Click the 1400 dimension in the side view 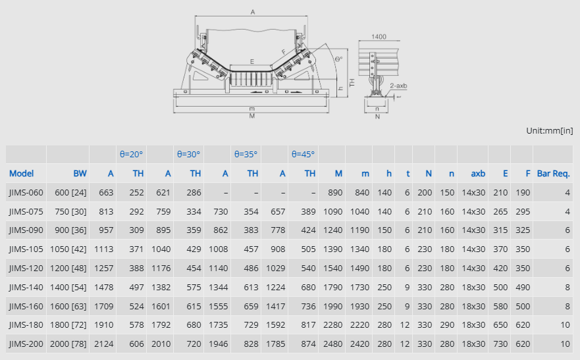[x=379, y=37]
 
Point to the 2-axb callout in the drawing [x=398, y=86]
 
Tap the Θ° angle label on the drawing [x=339, y=59]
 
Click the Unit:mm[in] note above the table [x=549, y=130]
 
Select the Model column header [x=22, y=173]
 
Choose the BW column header [x=80, y=173]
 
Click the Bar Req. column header [x=554, y=173]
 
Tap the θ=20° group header [x=131, y=154]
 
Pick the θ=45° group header [x=303, y=154]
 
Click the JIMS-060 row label [x=26, y=193]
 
